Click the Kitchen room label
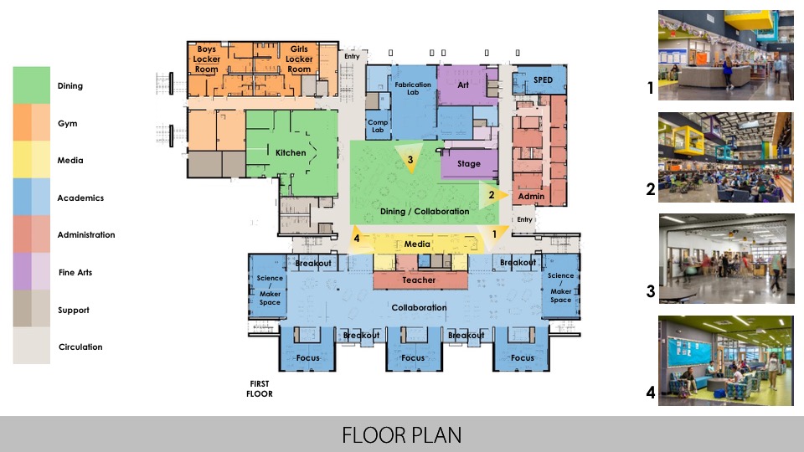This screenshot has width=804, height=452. pos(291,153)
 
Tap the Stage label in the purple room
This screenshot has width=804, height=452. pos(469,164)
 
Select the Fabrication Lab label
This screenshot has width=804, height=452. pos(413,89)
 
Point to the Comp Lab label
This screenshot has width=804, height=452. pos(378,126)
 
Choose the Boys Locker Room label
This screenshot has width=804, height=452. pos(206,59)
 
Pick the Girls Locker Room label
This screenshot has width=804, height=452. pos(299,59)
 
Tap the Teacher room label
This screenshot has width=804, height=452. pos(419,280)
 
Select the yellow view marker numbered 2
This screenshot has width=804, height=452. pos(494,195)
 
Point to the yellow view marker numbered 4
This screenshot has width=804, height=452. pos(358,237)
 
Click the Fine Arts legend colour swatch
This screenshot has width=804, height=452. pos(31,272)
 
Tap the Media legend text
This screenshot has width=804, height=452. pos(70,161)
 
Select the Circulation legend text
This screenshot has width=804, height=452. pos(80,347)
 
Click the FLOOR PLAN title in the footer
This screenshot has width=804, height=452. pos(401,435)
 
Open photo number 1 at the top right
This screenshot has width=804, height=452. pos(725,55)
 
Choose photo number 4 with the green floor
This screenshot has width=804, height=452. pos(725,361)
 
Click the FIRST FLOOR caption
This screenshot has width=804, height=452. pos(260,388)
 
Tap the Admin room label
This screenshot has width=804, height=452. pos(531,197)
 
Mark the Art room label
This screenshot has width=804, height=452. pos(463,85)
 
